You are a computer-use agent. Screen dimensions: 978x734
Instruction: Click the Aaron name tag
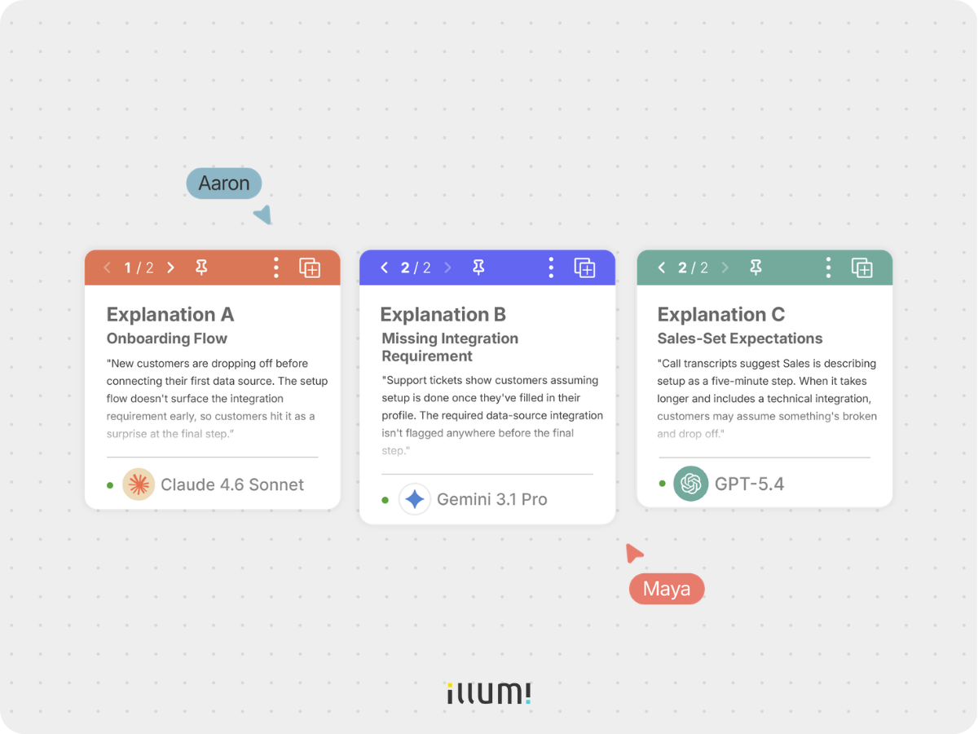223,183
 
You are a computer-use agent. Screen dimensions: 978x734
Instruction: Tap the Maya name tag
667,589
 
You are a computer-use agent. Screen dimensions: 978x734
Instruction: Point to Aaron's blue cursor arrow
264,214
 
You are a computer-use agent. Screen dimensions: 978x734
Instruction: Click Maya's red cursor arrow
633,553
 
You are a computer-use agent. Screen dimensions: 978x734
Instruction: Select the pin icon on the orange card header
201,268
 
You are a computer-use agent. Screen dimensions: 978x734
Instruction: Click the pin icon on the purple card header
478,268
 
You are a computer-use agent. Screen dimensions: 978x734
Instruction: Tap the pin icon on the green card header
756,268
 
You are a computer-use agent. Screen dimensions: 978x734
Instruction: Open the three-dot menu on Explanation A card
276,268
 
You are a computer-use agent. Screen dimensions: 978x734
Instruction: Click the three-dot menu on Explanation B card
551,268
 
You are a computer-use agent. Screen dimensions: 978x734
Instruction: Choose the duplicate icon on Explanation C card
862,268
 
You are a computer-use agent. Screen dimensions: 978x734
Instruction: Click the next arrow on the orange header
170,268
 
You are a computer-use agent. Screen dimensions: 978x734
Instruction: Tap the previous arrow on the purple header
384,268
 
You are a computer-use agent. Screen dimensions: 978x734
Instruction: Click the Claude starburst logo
139,484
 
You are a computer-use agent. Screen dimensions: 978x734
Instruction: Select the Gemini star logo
414,499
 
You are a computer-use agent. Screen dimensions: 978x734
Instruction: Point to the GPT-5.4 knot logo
690,484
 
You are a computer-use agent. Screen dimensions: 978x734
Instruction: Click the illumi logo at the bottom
489,692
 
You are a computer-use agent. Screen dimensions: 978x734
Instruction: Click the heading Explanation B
443,315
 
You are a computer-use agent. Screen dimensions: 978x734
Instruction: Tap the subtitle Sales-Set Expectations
740,338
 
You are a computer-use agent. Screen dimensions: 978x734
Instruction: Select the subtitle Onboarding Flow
166,338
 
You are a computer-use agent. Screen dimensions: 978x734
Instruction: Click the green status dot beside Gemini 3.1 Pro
385,500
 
